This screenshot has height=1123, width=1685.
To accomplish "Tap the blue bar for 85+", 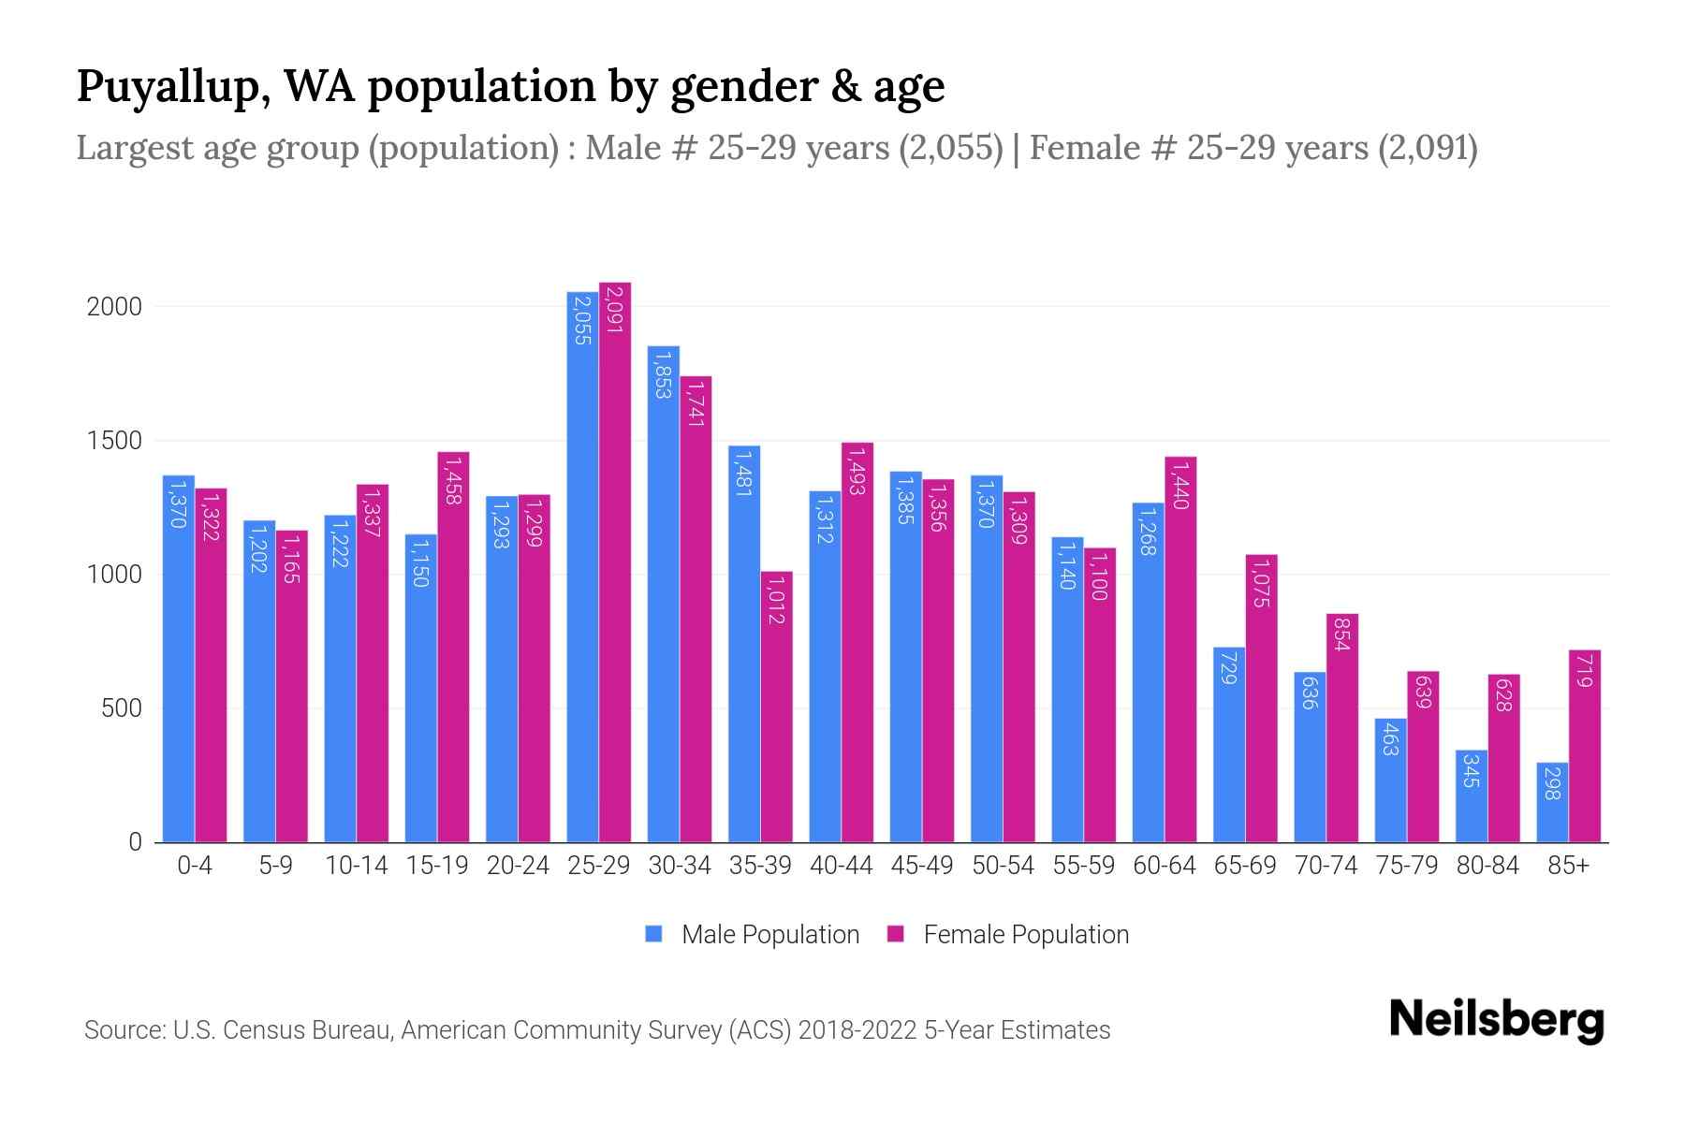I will (x=1552, y=803).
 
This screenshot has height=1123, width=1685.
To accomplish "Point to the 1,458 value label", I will (x=453, y=480).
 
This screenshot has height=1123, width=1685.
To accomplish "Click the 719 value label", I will (x=1584, y=671).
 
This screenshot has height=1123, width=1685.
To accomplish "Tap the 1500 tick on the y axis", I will (x=114, y=441).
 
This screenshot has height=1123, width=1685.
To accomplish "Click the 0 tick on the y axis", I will (x=135, y=842).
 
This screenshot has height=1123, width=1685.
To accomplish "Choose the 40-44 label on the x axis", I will (x=841, y=866).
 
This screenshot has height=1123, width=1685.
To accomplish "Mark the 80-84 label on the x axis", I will (x=1487, y=866).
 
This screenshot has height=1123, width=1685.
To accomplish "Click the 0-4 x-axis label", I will (x=195, y=866).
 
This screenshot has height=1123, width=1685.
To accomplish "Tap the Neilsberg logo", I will (x=1496, y=1020).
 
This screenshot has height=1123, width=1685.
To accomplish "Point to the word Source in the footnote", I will (x=123, y=1030).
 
